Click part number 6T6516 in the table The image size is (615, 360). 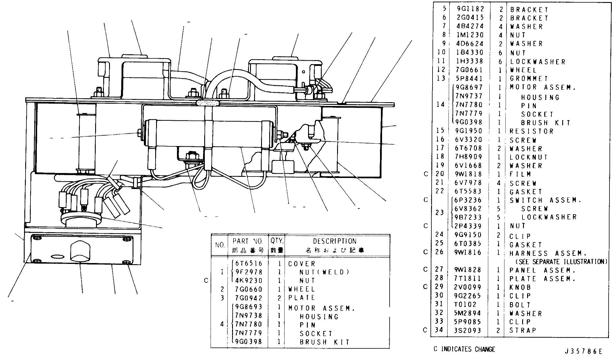pos(249,263)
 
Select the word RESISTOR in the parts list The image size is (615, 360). pos(532,131)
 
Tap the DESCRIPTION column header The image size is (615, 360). pos(335,241)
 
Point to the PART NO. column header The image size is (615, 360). pos(247,241)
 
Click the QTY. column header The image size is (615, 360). pos(277,241)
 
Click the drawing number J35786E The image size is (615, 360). pos(583,351)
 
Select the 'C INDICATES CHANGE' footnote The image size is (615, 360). pos(464,349)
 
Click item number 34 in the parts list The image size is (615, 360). pos(439,330)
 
